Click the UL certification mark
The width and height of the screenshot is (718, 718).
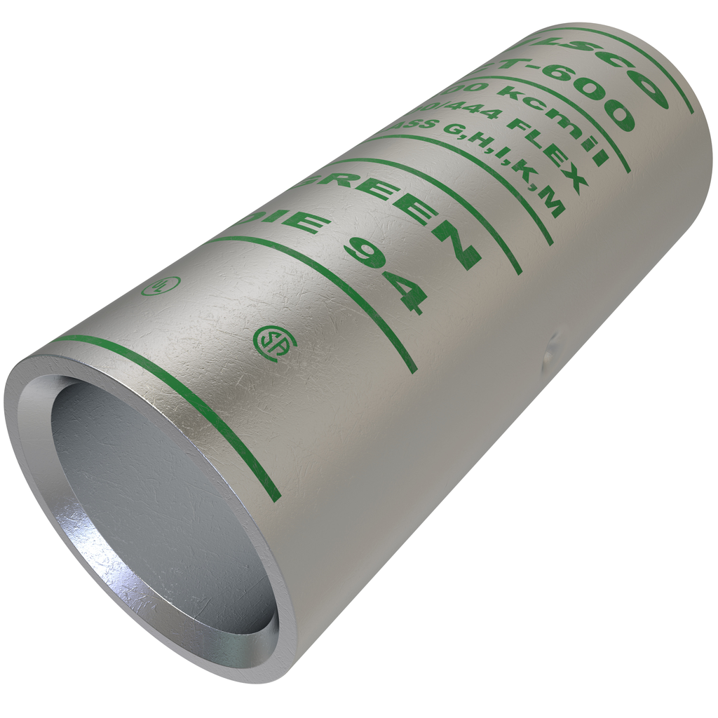[161, 285]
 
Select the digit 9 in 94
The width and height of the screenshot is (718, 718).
[365, 252]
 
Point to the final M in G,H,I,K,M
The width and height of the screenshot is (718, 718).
[550, 205]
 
